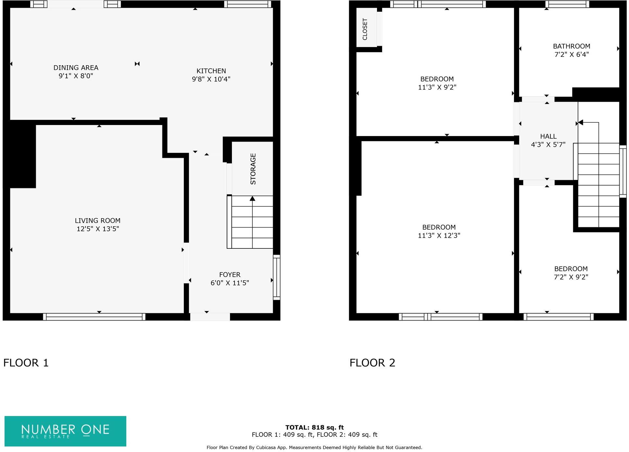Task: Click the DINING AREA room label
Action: [x=76, y=68]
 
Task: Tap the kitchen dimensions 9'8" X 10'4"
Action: [x=211, y=79]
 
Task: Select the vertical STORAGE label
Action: [x=253, y=169]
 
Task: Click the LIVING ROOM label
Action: [x=97, y=220]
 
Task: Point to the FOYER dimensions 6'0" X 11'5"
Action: [x=230, y=283]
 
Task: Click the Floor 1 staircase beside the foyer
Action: [x=250, y=222]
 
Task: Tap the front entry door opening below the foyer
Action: [x=210, y=317]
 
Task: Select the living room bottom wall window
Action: [x=94, y=317]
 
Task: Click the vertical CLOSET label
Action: [x=365, y=29]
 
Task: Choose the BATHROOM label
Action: [x=571, y=46]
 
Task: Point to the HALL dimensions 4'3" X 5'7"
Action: [x=548, y=144]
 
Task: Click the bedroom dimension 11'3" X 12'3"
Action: [x=439, y=235]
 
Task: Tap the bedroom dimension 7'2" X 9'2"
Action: [x=571, y=277]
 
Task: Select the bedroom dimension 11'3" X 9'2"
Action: [x=437, y=87]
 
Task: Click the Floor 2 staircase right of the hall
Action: [x=598, y=185]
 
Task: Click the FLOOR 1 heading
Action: [x=26, y=363]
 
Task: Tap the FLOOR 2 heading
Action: [x=372, y=363]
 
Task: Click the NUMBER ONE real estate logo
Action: [x=65, y=431]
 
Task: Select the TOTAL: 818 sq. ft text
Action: [x=314, y=427]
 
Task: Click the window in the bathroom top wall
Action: [x=567, y=4]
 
